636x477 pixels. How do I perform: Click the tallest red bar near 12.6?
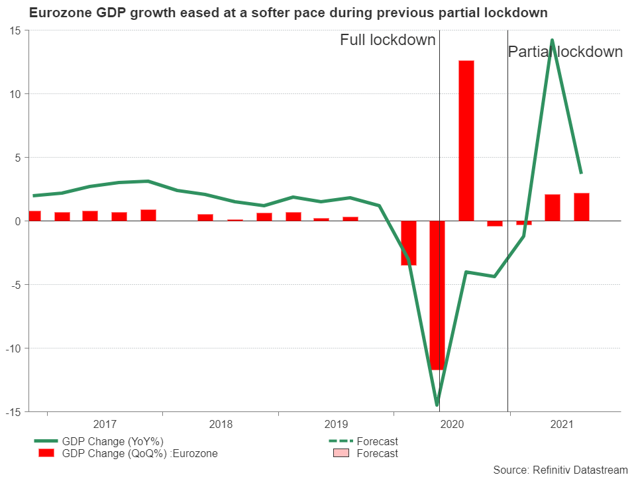(466, 140)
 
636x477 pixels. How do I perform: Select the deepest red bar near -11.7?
(437, 295)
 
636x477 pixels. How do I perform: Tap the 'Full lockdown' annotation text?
(388, 40)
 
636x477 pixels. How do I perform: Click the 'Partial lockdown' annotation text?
(565, 52)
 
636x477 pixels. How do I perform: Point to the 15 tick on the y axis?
(15, 30)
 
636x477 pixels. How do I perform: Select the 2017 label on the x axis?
(105, 424)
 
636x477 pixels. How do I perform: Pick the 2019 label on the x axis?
(336, 424)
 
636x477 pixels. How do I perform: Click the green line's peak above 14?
(552, 40)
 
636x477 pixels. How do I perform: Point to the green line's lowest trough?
(437, 404)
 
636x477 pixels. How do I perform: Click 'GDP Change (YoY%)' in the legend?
(113, 442)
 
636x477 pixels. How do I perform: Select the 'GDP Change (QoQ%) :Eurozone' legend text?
(139, 454)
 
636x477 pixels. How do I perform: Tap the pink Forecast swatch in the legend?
(338, 454)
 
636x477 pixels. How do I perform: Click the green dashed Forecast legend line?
(338, 442)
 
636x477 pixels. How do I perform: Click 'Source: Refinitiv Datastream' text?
(560, 469)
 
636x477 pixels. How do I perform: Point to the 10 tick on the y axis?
(15, 94)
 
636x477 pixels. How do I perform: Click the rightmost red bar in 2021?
(582, 207)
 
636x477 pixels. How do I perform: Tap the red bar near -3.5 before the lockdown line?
(409, 243)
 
